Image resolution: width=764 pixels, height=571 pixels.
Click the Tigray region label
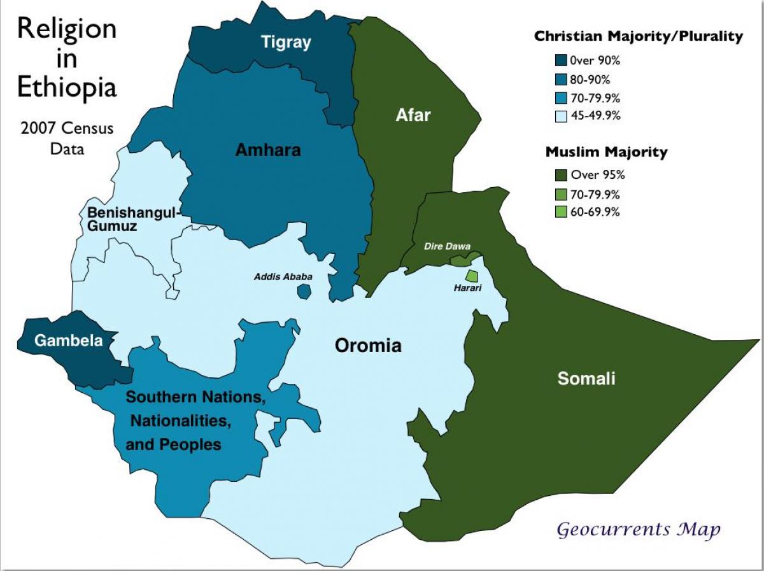[x=286, y=43]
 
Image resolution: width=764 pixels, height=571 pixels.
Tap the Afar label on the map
[x=413, y=115]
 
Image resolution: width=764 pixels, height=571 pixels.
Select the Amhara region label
[x=268, y=150]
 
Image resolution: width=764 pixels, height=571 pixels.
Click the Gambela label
[x=68, y=341]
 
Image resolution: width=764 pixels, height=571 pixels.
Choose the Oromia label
[x=369, y=346]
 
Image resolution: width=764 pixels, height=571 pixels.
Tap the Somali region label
[x=586, y=379]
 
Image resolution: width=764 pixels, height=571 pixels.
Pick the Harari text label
[x=468, y=288]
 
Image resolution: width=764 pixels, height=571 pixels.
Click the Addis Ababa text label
[x=283, y=277]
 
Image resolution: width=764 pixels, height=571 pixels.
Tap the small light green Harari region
[x=471, y=276]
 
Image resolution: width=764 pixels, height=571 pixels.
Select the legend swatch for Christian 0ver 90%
[x=560, y=61]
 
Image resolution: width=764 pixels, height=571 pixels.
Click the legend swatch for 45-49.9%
[x=560, y=116]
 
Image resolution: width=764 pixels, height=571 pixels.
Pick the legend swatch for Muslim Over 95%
[x=560, y=175]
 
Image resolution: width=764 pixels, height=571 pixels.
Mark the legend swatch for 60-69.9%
[x=560, y=212]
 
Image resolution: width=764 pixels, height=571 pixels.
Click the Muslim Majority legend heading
[x=606, y=152]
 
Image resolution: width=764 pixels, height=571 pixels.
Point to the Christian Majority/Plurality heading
[x=638, y=36]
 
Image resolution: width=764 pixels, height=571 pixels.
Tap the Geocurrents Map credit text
[x=639, y=529]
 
